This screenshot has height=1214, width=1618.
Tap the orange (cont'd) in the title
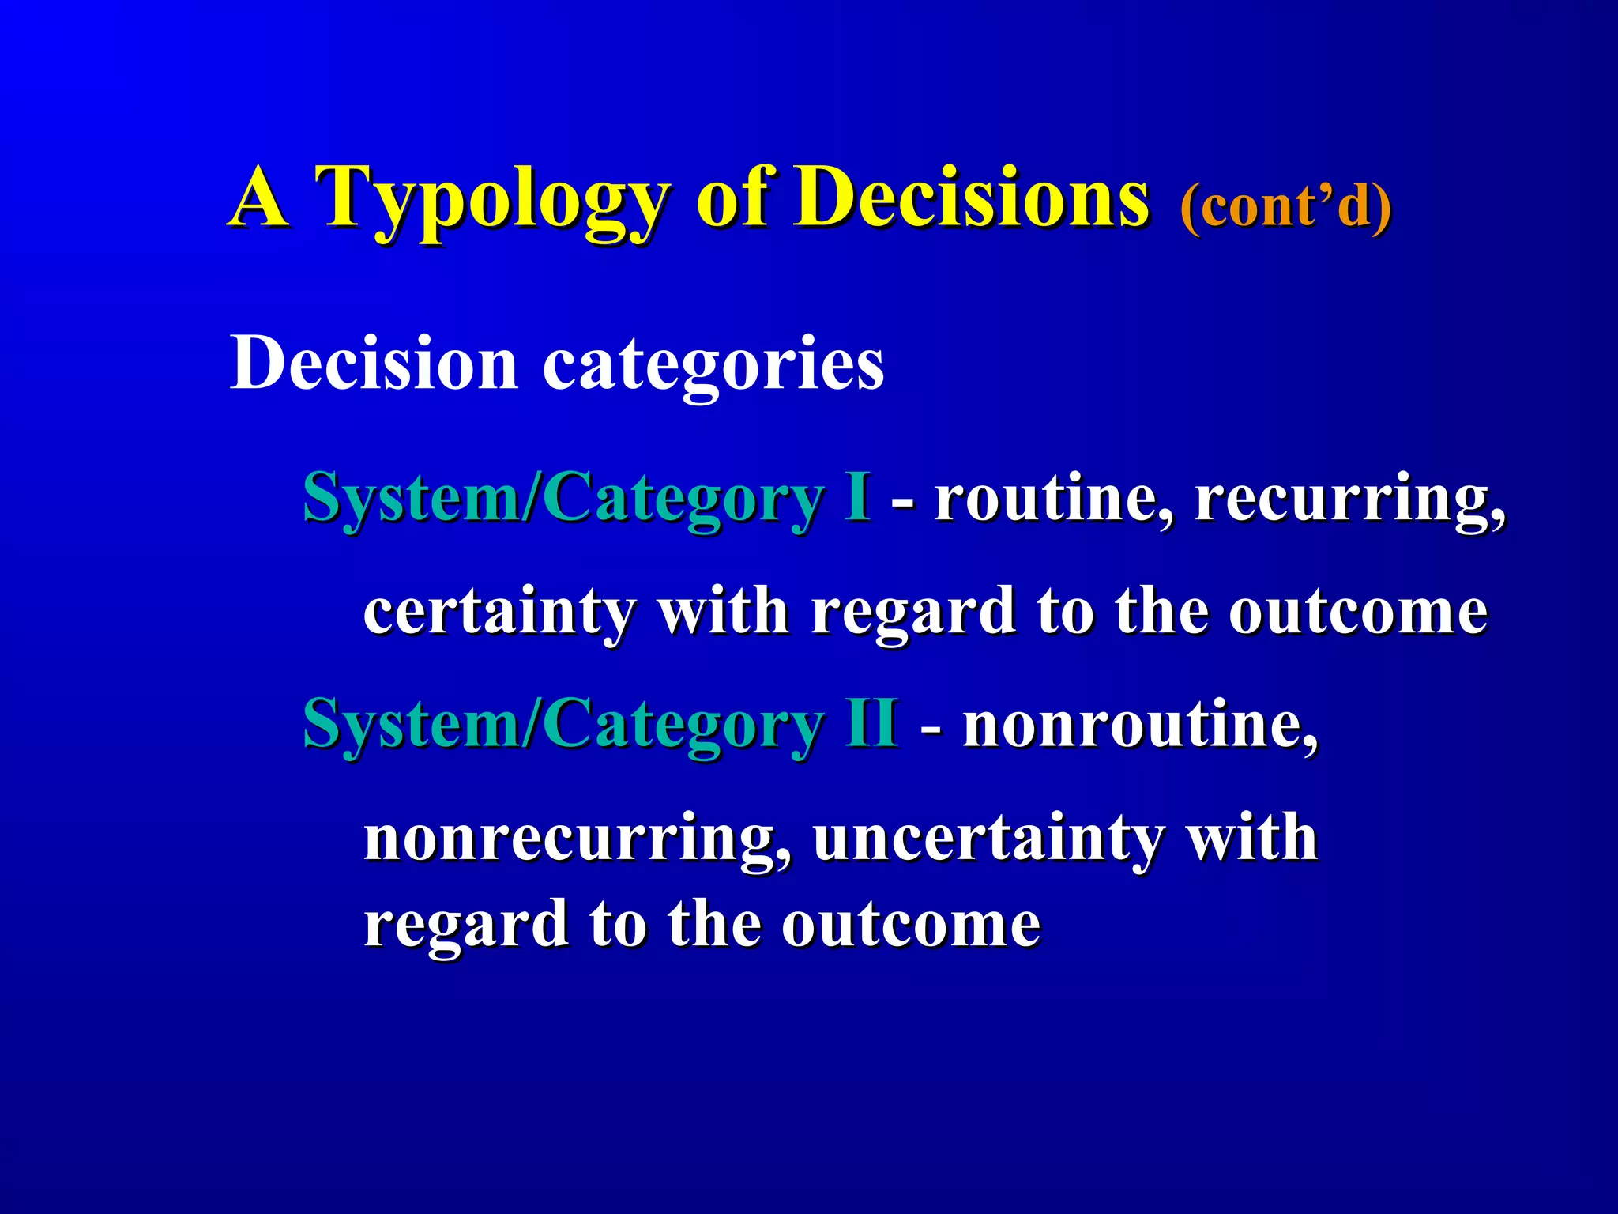click(1285, 207)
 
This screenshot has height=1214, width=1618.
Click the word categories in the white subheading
click(713, 365)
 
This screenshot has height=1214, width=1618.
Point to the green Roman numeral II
click(871, 722)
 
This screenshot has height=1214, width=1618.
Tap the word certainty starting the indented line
click(499, 612)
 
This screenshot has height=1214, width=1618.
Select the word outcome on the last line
click(912, 925)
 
